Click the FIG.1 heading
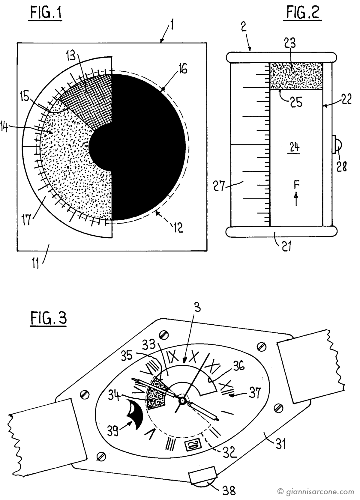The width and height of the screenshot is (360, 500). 46,14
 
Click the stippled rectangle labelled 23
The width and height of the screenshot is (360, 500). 296,76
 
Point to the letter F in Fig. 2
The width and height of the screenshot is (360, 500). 296,184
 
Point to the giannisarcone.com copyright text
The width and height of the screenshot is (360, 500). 316,492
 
